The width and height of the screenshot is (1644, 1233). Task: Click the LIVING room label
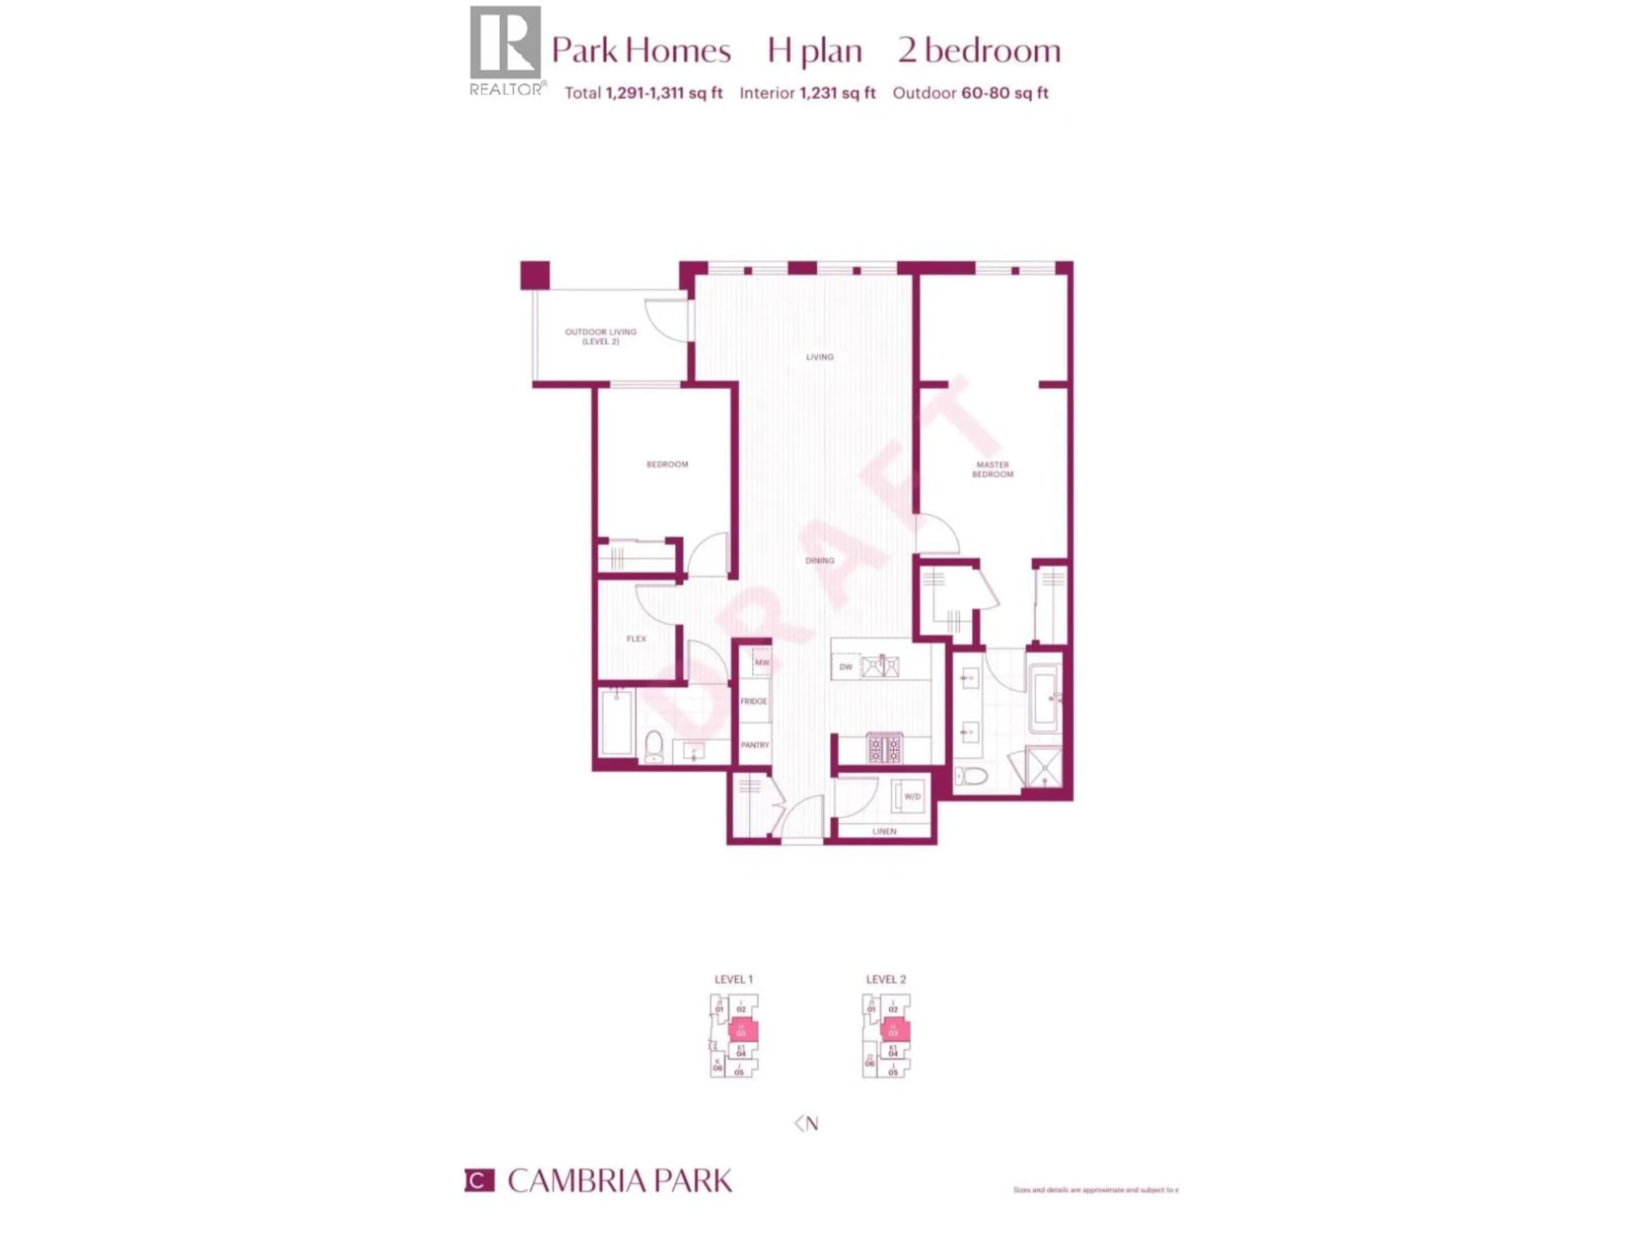click(820, 357)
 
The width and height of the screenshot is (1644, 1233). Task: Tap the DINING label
click(820, 560)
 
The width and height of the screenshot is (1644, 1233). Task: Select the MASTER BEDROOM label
click(992, 469)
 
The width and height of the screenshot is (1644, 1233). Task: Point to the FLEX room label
click(636, 638)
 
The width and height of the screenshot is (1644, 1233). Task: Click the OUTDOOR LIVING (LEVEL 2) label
click(601, 337)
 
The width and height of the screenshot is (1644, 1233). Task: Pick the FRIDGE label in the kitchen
click(753, 701)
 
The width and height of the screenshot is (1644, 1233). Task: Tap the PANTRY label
click(754, 745)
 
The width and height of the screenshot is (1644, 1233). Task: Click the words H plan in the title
click(815, 51)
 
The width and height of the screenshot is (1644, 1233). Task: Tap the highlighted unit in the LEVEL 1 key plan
click(742, 1031)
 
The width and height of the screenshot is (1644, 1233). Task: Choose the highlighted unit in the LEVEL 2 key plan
click(895, 1031)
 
